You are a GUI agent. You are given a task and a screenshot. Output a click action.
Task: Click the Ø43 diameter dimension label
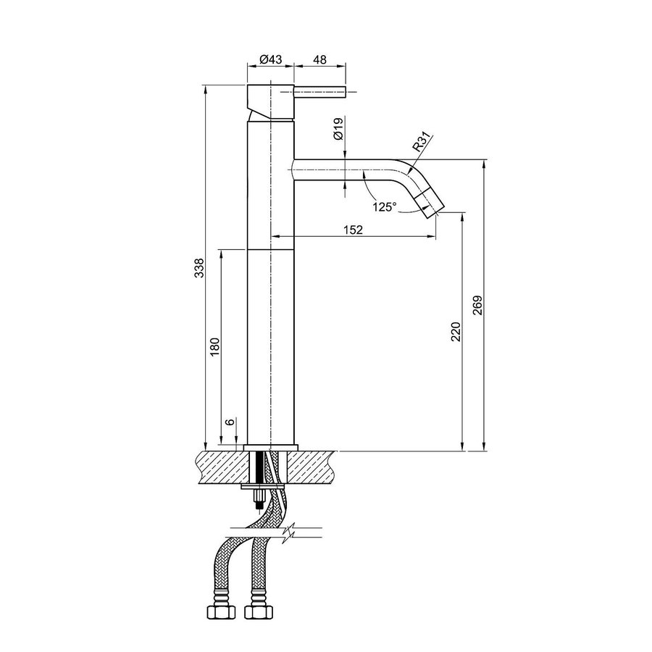(270, 59)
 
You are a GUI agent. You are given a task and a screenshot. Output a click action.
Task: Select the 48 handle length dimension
(320, 59)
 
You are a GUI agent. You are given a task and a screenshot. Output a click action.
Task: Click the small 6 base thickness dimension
(230, 422)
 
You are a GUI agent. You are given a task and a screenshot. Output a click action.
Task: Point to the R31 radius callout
(422, 141)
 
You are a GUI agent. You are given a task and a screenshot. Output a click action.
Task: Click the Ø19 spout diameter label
(338, 133)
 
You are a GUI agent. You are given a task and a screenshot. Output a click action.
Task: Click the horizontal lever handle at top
(320, 93)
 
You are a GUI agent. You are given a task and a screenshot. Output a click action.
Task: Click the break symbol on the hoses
(288, 535)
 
